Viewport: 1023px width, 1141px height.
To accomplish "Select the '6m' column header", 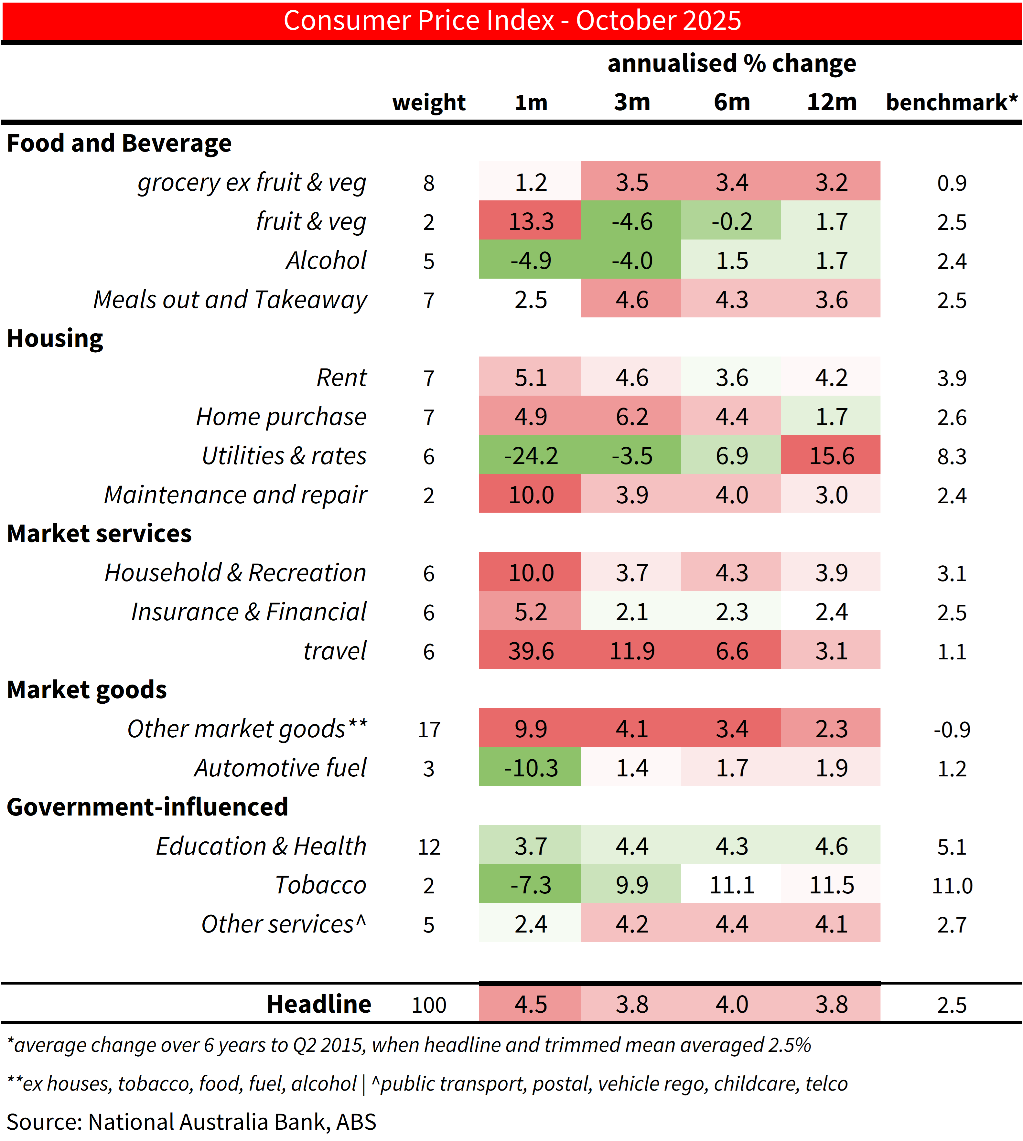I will tap(731, 102).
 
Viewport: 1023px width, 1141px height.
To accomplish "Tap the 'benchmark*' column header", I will tap(951, 102).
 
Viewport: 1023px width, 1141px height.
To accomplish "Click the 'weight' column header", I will tap(429, 102).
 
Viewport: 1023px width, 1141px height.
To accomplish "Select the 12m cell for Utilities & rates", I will tap(831, 456).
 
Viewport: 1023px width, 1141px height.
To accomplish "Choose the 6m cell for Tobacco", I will tap(731, 885).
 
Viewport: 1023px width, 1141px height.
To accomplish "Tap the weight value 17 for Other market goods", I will tap(429, 729).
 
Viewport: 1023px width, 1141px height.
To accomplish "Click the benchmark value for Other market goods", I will tap(951, 729).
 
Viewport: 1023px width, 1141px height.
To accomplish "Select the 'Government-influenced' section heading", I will tap(147, 807).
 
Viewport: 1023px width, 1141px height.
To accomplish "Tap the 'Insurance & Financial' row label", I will tap(248, 612).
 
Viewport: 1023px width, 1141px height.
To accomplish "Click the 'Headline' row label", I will tap(319, 1004).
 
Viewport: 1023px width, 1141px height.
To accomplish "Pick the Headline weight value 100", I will tap(429, 1005).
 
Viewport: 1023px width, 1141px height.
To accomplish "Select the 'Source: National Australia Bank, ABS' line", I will tap(191, 1121).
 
